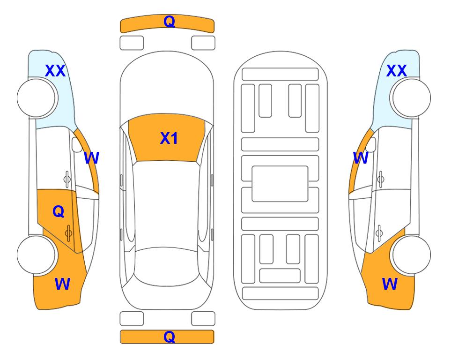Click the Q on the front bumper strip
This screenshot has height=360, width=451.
(x=169, y=22)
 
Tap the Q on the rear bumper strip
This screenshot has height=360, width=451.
(x=169, y=337)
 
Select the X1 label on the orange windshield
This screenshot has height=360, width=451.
(x=169, y=138)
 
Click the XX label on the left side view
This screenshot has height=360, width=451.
(x=55, y=71)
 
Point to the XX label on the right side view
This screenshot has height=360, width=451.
(x=396, y=71)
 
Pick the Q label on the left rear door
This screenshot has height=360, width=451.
(x=59, y=212)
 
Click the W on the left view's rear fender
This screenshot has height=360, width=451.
(x=62, y=284)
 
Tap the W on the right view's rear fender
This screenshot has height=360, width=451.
(x=390, y=284)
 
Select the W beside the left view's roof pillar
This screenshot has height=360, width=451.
(x=91, y=158)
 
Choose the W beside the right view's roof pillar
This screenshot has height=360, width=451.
(x=361, y=158)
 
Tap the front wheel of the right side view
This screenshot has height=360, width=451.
(x=411, y=98)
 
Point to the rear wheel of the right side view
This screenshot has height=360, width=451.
(x=411, y=255)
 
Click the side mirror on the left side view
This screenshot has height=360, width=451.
(x=77, y=145)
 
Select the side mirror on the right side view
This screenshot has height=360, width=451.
(x=371, y=145)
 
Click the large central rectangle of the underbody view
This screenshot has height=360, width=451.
(x=280, y=184)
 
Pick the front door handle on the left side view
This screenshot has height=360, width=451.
(x=67, y=179)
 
